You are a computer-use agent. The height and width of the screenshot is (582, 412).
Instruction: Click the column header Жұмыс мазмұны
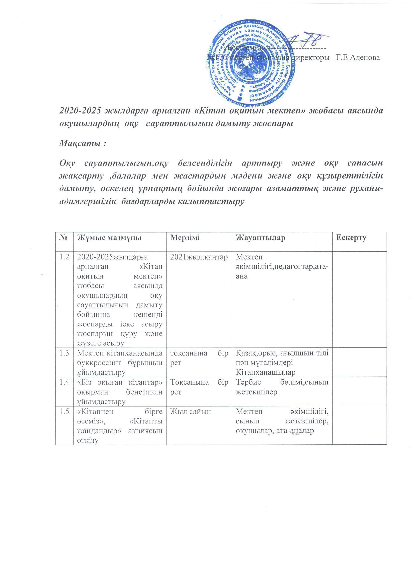coord(109,238)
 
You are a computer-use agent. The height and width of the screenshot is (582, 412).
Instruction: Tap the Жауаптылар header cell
coord(260,238)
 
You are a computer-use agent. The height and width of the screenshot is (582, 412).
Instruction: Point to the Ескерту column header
coord(351,238)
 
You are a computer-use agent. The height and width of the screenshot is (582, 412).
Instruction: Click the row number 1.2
coord(64,257)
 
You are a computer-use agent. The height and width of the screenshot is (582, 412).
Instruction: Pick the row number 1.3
coord(64,353)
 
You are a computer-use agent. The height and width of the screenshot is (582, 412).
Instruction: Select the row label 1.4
coord(64,382)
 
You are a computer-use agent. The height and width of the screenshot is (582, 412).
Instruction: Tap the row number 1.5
coord(64,412)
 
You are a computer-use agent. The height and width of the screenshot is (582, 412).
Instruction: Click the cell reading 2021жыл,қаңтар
coord(198,257)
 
